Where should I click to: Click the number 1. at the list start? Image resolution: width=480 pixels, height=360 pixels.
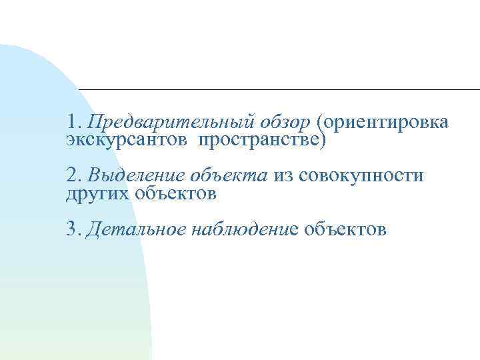[73, 123]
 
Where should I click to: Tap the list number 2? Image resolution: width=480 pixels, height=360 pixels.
[73, 176]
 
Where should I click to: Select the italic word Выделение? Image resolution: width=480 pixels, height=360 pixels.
[137, 176]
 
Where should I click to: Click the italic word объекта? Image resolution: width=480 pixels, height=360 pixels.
[229, 176]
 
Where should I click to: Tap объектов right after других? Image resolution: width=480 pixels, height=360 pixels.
[175, 193]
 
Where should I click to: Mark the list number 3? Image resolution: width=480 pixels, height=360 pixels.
[73, 230]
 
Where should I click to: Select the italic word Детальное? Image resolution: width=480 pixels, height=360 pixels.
[136, 230]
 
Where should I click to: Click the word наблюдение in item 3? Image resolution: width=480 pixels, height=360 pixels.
[244, 230]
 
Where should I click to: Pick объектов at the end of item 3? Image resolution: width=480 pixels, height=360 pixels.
[345, 230]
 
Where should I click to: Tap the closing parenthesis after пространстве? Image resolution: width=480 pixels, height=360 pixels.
[325, 141]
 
